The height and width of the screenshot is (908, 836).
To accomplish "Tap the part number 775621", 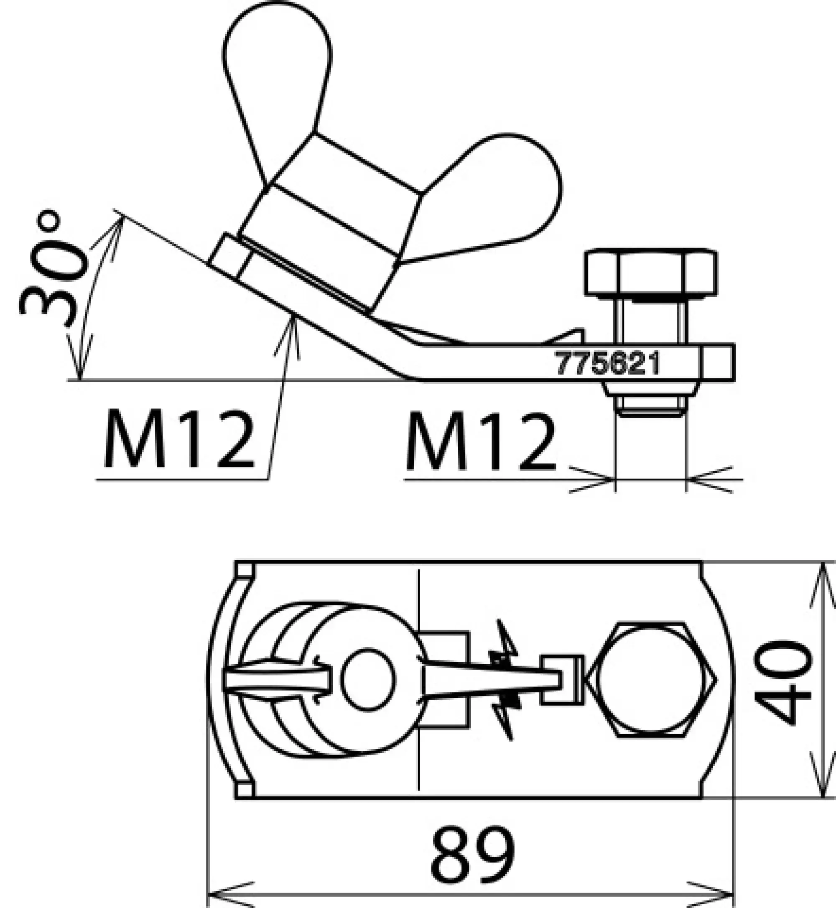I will [x=607, y=363].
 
